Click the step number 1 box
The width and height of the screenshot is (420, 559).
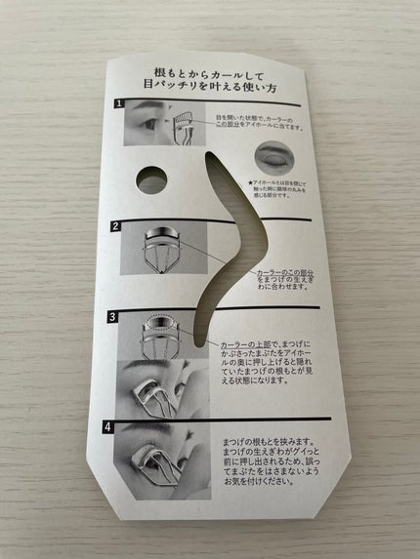118,103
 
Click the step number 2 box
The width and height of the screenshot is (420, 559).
115,226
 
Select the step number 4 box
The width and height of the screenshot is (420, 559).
118,424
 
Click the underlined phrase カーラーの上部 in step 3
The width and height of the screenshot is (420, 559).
245,345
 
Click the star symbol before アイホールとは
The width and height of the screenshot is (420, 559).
253,180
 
